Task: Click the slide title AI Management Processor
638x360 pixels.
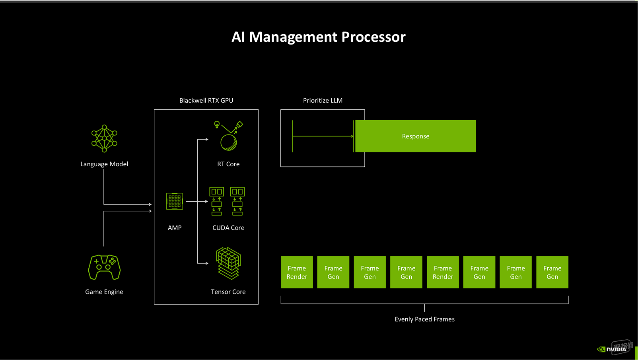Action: pos(319,37)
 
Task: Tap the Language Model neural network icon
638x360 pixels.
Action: pos(104,138)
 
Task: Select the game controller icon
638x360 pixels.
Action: pos(104,267)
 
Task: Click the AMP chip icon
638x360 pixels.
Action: pos(175,201)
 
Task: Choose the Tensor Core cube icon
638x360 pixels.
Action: pos(228,263)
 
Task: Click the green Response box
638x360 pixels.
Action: pos(416,136)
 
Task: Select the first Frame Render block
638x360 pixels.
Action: pos(297,272)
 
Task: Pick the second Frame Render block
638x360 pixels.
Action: pos(443,272)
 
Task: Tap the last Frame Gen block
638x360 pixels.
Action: pos(552,272)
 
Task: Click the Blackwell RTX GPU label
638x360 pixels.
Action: pos(206,101)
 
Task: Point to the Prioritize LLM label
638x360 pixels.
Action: pos(323,101)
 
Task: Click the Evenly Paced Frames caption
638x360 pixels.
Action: pos(425,319)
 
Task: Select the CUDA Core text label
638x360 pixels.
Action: pos(228,228)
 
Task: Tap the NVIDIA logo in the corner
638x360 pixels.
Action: pos(612,350)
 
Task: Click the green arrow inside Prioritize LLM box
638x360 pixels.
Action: pos(323,136)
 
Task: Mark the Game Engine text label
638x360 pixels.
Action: pos(104,292)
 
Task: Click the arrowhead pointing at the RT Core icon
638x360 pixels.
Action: pos(207,139)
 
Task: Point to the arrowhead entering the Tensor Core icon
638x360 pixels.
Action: pos(207,263)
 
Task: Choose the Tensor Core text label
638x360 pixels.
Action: pos(228,292)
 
